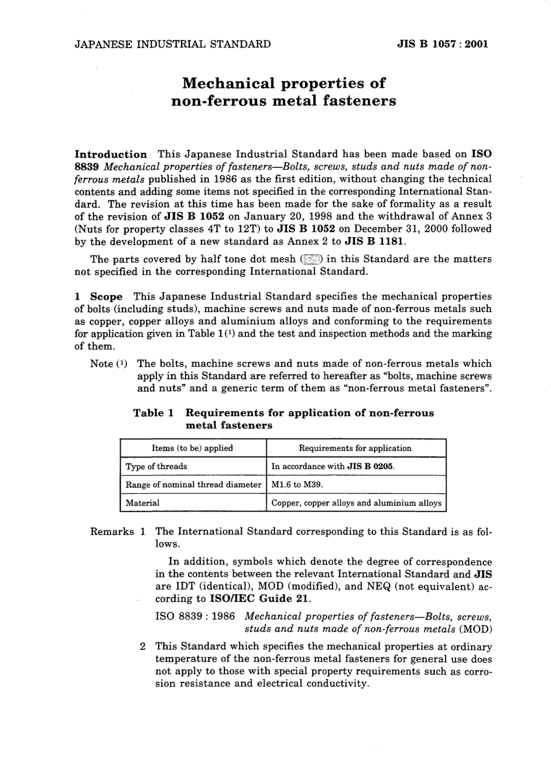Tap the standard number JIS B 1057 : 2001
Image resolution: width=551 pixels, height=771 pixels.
(x=442, y=43)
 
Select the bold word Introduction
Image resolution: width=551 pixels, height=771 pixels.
(x=111, y=154)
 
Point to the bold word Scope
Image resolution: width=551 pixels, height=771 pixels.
(x=106, y=296)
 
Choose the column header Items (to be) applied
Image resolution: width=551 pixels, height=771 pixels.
(x=192, y=448)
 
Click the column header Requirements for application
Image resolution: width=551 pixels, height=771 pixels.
(x=355, y=448)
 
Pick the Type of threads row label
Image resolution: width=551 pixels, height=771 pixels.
(x=156, y=466)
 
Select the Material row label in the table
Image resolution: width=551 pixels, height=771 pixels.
(x=142, y=503)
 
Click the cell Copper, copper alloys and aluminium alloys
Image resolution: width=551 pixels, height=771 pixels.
(x=356, y=503)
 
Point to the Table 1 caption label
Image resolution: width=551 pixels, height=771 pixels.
(x=154, y=413)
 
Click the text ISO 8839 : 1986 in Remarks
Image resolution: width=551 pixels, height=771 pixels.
(x=195, y=616)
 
